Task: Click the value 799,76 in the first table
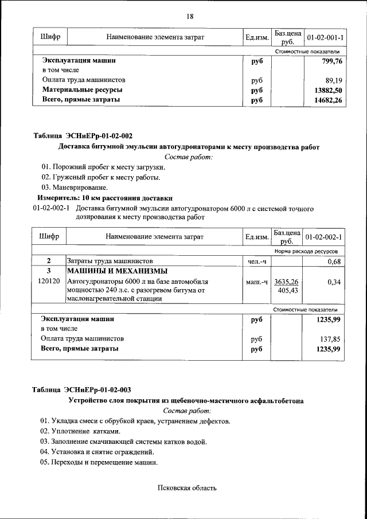330,60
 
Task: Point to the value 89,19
333,80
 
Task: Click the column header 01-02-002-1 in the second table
323,237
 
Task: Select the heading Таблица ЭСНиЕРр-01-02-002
83,136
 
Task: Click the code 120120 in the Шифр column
49,282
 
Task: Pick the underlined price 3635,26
286,282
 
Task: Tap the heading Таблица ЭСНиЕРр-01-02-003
83,390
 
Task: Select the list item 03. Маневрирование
74,187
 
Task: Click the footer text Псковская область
187,488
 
